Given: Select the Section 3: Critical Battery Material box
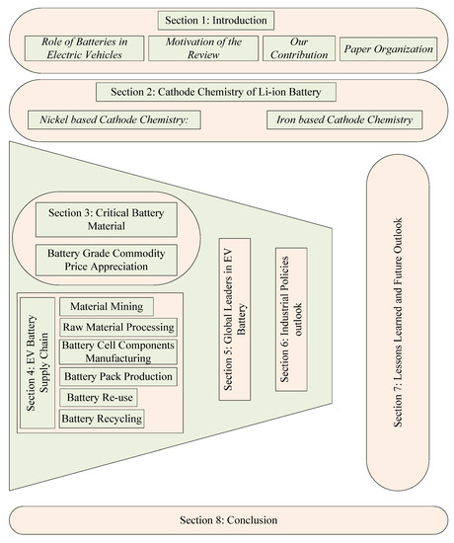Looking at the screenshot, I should [97, 219].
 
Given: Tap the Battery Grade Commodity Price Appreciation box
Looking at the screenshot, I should [97, 259].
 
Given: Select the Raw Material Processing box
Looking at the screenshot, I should [117, 327].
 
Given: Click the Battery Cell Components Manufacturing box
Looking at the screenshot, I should [117, 351].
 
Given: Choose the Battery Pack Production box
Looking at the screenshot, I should [117, 376].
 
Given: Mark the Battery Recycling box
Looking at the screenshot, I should [102, 420].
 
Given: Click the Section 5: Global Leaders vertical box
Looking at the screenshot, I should [235, 319].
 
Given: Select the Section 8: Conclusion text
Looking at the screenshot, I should [229, 520].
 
